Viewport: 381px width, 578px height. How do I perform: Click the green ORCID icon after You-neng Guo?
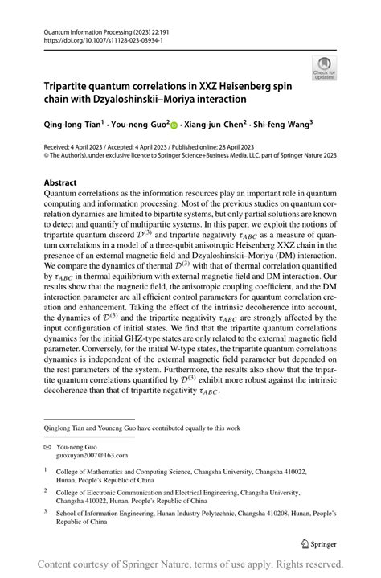click(x=174, y=126)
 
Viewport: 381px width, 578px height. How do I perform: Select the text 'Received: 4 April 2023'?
click(x=77, y=147)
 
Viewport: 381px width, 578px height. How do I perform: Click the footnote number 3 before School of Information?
click(x=47, y=510)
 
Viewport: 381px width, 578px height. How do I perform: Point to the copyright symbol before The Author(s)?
click(x=47, y=157)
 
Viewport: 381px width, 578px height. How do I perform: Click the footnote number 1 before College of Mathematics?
click(x=47, y=473)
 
